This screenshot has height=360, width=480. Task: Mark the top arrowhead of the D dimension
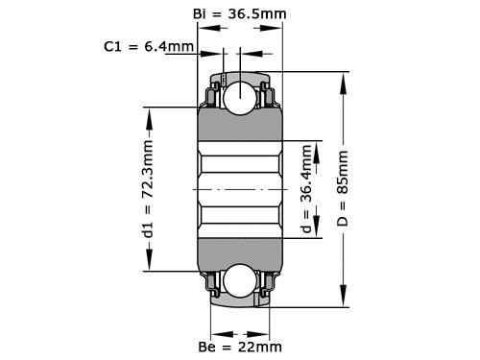[344, 79]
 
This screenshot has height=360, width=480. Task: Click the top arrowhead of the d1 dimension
[149, 113]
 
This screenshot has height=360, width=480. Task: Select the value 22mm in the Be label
[261, 346]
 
